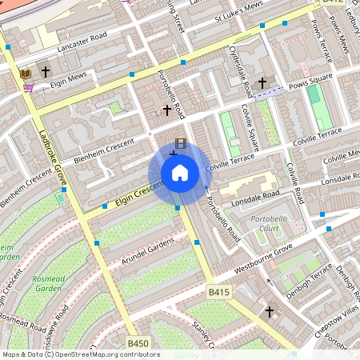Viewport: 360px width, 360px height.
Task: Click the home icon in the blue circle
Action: pyautogui.click(x=179, y=173)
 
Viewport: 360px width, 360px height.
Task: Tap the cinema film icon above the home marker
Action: pyautogui.click(x=181, y=144)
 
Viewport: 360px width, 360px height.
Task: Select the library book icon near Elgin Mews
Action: pyautogui.click(x=26, y=74)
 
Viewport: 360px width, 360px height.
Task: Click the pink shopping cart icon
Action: pyautogui.click(x=28, y=87)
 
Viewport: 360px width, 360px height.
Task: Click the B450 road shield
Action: pyautogui.click(x=138, y=343)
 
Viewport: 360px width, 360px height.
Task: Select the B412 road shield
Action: pyautogui.click(x=333, y=2)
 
